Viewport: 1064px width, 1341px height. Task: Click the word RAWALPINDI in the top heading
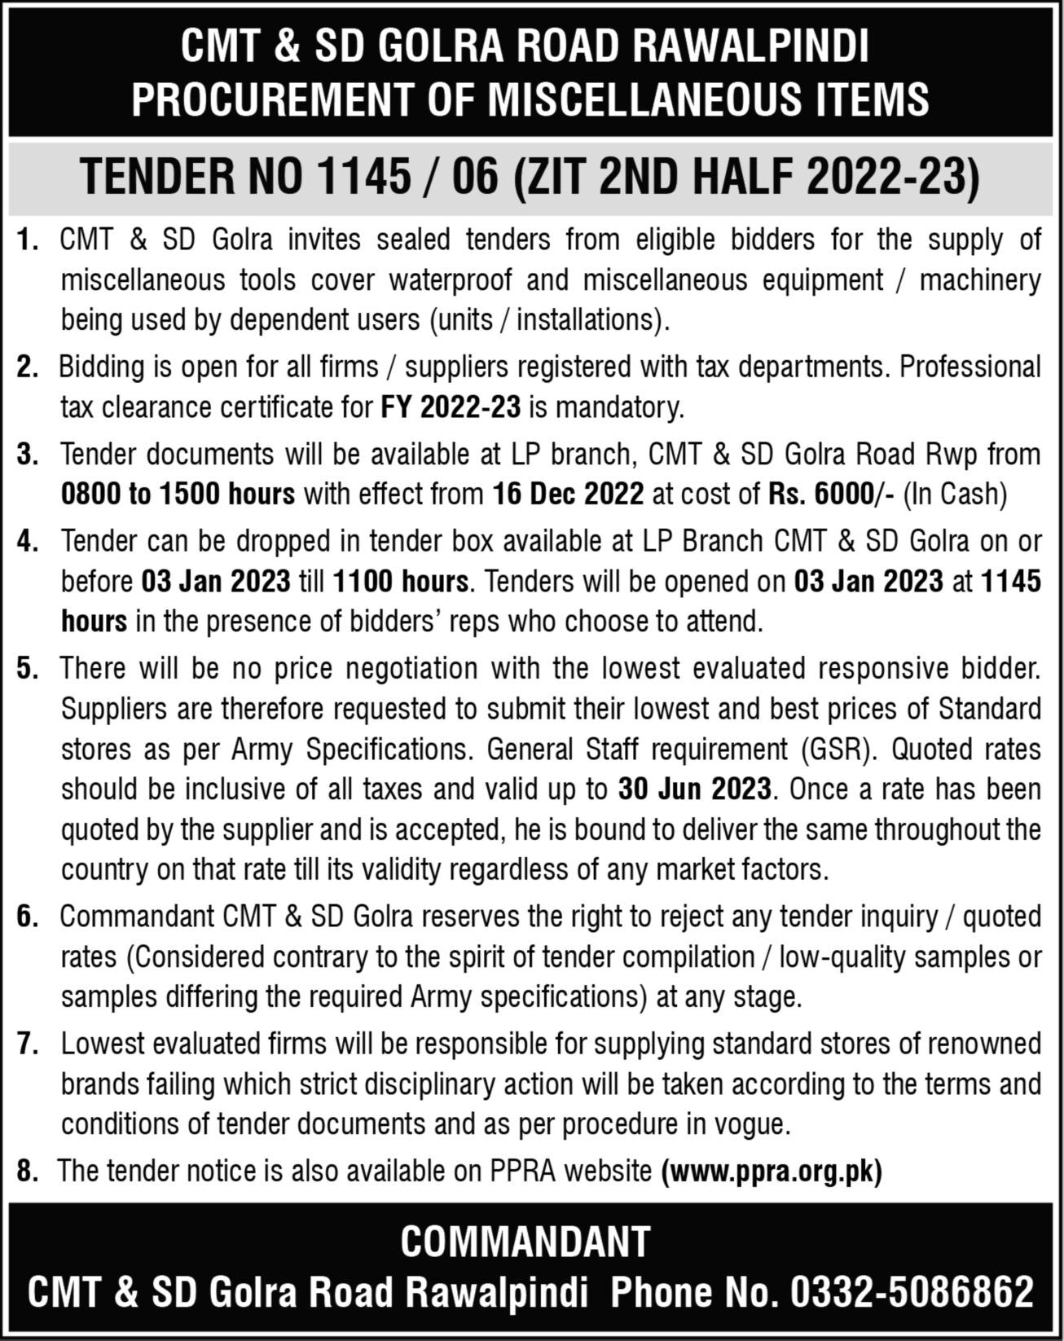[750, 48]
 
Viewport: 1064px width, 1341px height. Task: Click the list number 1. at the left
[29, 241]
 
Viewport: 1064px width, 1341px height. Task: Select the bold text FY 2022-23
[451, 407]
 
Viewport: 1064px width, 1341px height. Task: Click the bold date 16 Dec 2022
[567, 495]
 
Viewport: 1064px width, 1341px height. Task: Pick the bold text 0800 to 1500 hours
[178, 495]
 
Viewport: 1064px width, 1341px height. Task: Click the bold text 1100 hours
[401, 582]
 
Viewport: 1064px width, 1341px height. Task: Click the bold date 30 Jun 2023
[694, 789]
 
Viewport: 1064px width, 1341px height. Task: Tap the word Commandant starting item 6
[138, 917]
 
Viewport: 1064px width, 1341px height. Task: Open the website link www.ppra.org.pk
[772, 1172]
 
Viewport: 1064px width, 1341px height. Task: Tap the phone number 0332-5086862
[912, 1292]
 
